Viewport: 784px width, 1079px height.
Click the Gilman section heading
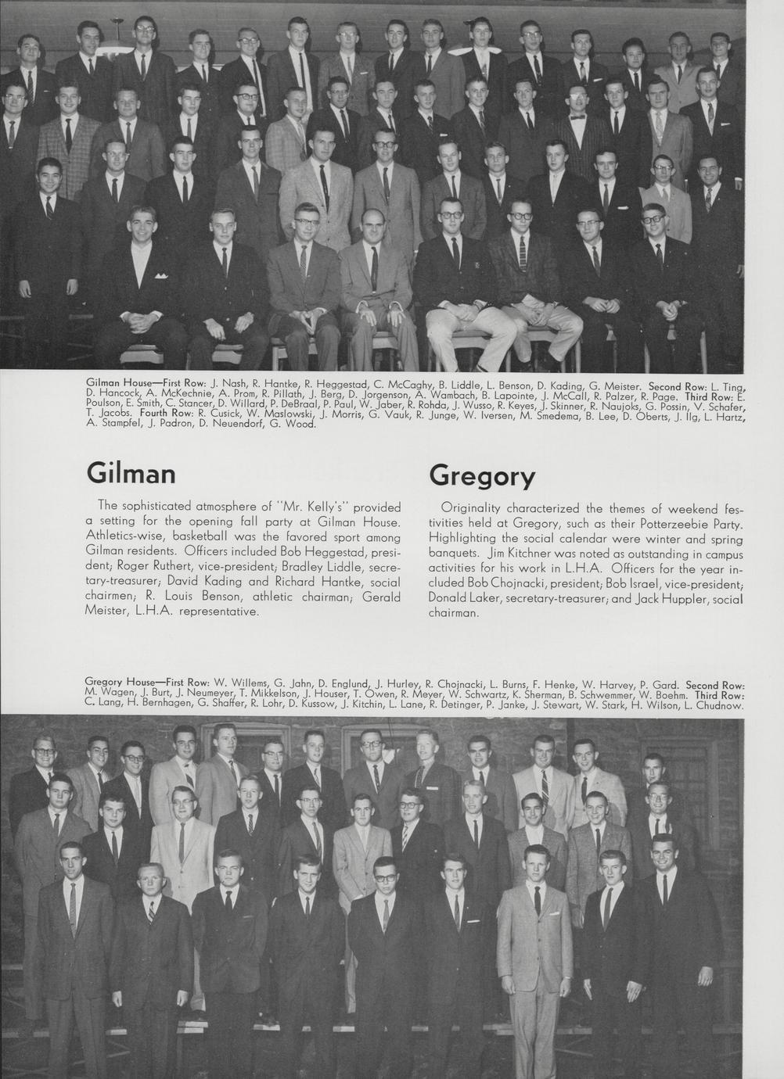click(131, 474)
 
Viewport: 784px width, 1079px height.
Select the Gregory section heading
click(482, 475)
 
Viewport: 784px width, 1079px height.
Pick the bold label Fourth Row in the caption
click(166, 413)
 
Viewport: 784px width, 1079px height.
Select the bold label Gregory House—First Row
click(146, 683)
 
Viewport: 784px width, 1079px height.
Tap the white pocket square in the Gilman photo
click(161, 275)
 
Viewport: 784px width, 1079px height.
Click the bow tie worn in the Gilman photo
click(578, 117)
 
